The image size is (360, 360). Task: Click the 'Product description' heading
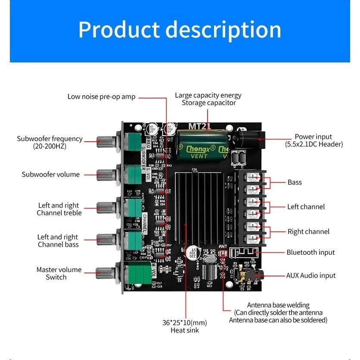[x=180, y=30]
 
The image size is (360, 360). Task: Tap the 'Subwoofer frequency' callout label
[x=50, y=142]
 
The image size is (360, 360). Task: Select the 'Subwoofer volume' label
[x=51, y=174]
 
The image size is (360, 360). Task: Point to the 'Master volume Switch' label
[x=59, y=273]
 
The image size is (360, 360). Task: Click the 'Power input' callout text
[x=314, y=140]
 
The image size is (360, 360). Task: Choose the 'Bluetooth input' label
[x=311, y=252]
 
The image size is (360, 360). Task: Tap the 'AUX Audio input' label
[x=311, y=275]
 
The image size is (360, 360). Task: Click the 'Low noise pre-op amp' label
[x=101, y=96]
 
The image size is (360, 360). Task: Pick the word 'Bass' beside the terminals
[x=295, y=182]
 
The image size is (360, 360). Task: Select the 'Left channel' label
[x=306, y=207]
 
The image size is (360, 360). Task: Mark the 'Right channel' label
[x=308, y=232]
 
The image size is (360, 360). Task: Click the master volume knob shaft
[x=106, y=272]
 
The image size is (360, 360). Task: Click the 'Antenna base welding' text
[x=278, y=305]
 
